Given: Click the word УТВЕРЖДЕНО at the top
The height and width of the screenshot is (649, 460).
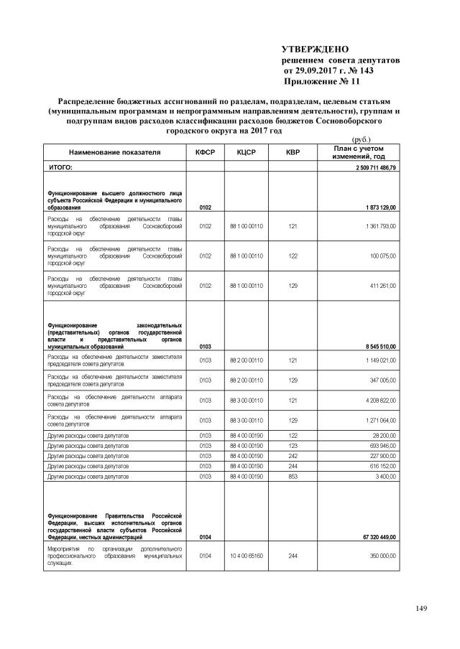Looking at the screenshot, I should tap(314, 48).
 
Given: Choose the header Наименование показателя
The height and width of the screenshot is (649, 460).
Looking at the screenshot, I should tap(115, 153).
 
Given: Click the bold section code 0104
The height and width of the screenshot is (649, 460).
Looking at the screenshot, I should tap(206, 536).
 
